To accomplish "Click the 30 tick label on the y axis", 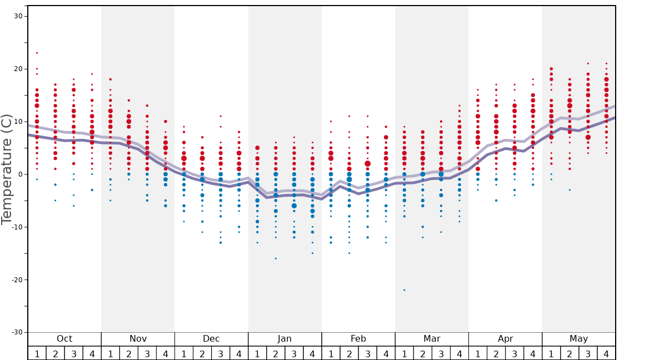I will pyautogui.click(x=18, y=16).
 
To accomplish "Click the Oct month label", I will pyautogui.click(x=64, y=339).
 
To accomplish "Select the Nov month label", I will pyautogui.click(x=138, y=339).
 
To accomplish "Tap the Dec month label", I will pyautogui.click(x=211, y=339).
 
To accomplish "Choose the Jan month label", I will pyautogui.click(x=284, y=339).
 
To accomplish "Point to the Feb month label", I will pyautogui.click(x=358, y=339).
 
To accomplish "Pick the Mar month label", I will pyautogui.click(x=432, y=339).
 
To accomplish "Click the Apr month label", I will pyautogui.click(x=505, y=339).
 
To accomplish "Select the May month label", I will pyautogui.click(x=578, y=339).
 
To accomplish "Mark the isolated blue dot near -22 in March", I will pyautogui.click(x=404, y=290).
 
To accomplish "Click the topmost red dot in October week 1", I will pyautogui.click(x=37, y=53).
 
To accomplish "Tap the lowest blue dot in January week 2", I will pyautogui.click(x=276, y=258).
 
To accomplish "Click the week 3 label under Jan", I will pyautogui.click(x=294, y=353).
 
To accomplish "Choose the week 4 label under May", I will pyautogui.click(x=606, y=353).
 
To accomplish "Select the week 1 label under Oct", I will pyautogui.click(x=37, y=353).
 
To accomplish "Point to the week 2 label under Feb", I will pyautogui.click(x=349, y=353).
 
